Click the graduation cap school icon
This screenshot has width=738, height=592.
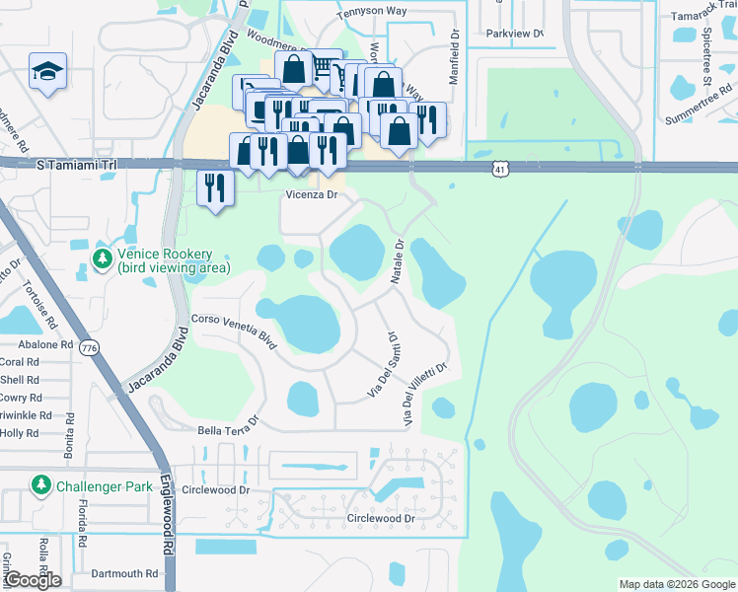click(x=47, y=73)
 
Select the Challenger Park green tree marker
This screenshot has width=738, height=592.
click(x=41, y=485)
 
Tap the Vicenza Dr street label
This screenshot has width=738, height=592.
click(x=312, y=195)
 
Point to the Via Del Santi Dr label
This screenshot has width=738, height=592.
click(x=383, y=365)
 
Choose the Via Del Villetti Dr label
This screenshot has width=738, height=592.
click(x=425, y=394)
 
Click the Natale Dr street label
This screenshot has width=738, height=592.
click(x=397, y=261)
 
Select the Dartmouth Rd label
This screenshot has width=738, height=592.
click(x=123, y=573)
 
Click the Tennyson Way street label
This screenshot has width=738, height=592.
click(x=372, y=14)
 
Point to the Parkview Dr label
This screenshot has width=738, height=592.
click(x=514, y=33)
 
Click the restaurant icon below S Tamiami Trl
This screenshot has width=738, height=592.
click(x=214, y=187)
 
